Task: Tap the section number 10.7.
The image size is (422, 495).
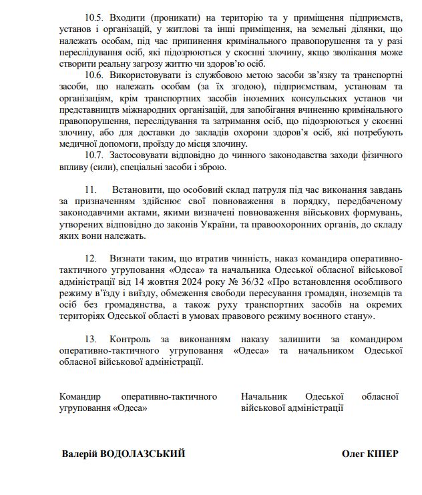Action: pyautogui.click(x=96, y=155)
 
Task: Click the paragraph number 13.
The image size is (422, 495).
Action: pyautogui.click(x=91, y=339)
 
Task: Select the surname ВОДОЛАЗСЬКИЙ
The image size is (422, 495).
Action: pyautogui.click(x=142, y=454)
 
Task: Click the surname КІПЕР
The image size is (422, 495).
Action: pyautogui.click(x=383, y=454)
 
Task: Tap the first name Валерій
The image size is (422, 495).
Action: pyautogui.click(x=79, y=454)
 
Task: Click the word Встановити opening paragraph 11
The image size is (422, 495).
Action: pyautogui.click(x=142, y=190)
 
